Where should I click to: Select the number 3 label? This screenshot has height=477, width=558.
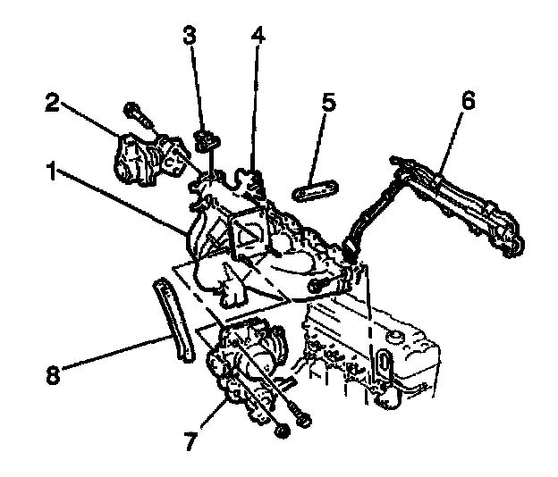[x=190, y=37]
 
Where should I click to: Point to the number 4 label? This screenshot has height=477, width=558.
[x=258, y=37]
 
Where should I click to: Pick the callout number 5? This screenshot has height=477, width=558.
[x=328, y=102]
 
